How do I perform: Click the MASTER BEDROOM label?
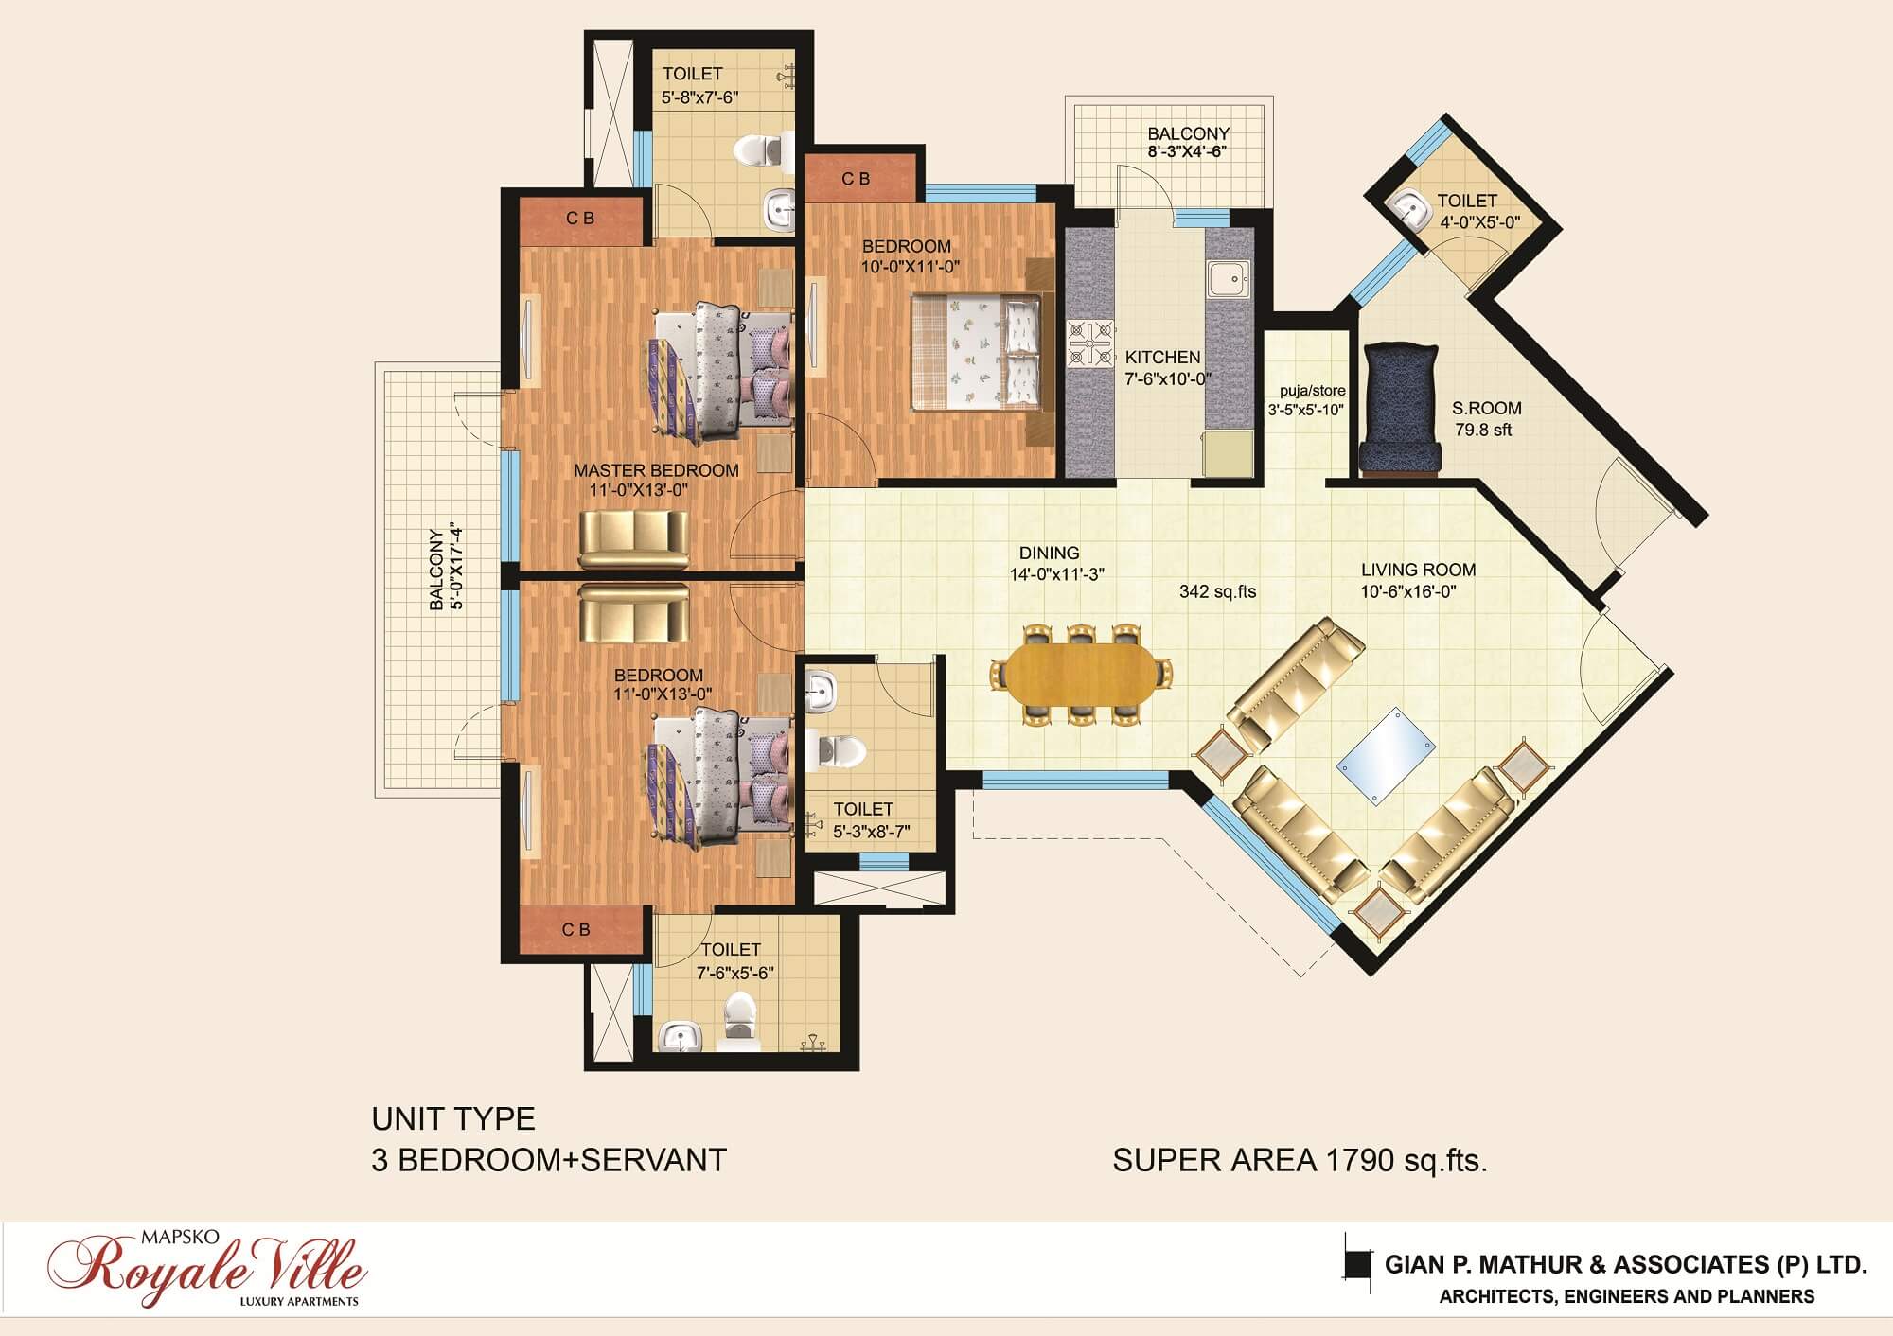click(656, 470)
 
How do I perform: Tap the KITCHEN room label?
click(1162, 358)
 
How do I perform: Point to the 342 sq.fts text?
click(1217, 591)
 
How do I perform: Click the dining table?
click(1079, 675)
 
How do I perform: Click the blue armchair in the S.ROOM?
click(1400, 409)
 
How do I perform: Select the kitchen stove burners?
click(1089, 343)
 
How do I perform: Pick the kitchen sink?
click(1228, 281)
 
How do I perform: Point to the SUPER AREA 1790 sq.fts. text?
click(1300, 1159)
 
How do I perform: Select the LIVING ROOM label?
click(1418, 570)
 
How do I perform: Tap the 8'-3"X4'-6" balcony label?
click(1188, 151)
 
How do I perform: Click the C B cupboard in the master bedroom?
click(581, 218)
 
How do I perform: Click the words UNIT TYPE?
click(453, 1119)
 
